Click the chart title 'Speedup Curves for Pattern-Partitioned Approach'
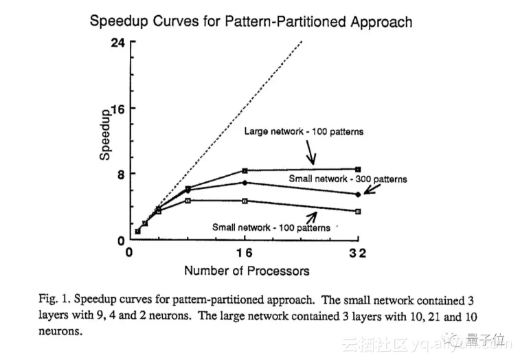pyautogui.click(x=251, y=21)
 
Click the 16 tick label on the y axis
pyautogui.click(x=117, y=109)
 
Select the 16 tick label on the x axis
pyautogui.click(x=245, y=253)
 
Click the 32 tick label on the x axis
pyautogui.click(x=357, y=253)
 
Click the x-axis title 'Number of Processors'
pyautogui.click(x=247, y=270)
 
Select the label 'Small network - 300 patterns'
pyautogui.click(x=347, y=179)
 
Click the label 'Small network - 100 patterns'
pyautogui.click(x=271, y=227)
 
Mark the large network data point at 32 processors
pyautogui.click(x=358, y=169)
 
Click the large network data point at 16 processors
pyautogui.click(x=245, y=170)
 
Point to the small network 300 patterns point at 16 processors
pyautogui.click(x=245, y=182)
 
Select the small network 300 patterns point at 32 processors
pyautogui.click(x=358, y=194)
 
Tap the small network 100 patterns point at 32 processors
pyautogui.click(x=358, y=211)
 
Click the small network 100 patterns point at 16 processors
pyautogui.click(x=245, y=201)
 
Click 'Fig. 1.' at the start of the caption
pyautogui.click(x=54, y=300)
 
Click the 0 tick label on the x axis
pyautogui.click(x=128, y=253)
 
